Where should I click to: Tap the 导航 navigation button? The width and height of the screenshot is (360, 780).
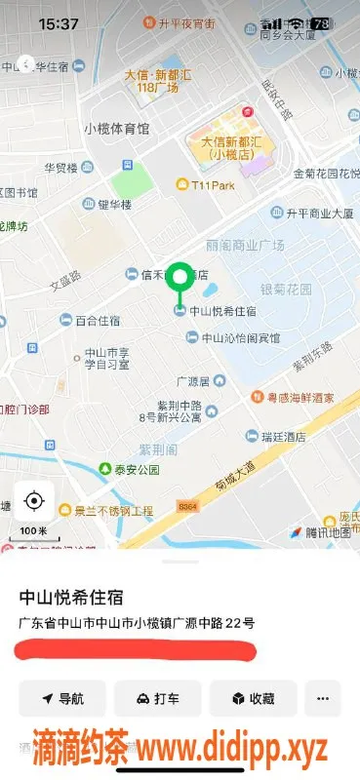62,698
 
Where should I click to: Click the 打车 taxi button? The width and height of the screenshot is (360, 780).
157,698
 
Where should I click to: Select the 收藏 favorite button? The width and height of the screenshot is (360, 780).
252,698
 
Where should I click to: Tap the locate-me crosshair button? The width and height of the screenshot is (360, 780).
34,501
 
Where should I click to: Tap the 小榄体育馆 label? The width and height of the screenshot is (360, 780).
116,129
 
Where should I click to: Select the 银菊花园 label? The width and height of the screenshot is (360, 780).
286,290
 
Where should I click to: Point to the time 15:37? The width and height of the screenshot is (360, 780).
60,22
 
